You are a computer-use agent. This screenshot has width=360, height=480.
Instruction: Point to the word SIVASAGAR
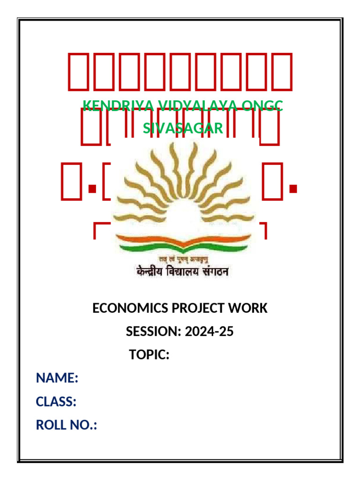[183, 128]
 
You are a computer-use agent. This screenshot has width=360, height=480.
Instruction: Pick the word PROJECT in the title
[195, 308]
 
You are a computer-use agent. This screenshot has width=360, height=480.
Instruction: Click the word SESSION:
[153, 332]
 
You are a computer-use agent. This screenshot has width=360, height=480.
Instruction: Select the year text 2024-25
[209, 332]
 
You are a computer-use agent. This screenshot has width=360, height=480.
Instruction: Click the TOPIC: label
[149, 355]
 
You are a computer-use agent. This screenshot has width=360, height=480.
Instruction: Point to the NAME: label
[57, 378]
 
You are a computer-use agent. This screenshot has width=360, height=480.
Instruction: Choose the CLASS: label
[56, 402]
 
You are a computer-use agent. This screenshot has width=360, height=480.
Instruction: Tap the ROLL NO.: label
[67, 425]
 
